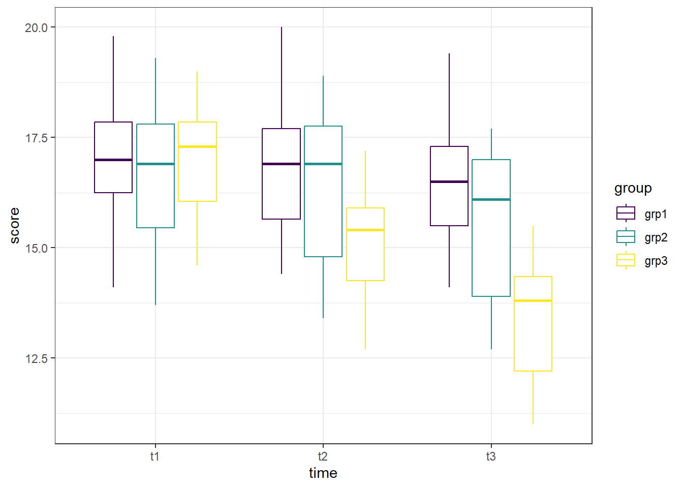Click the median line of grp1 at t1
click(113, 160)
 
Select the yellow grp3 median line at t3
click(533, 301)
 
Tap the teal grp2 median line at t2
click(323, 164)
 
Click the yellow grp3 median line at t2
click(365, 230)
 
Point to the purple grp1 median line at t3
click(449, 181)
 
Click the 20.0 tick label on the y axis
click(36, 27)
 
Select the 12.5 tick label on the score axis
click(36, 358)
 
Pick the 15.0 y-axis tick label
click(36, 248)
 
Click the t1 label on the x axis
click(155, 456)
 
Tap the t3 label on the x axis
click(491, 456)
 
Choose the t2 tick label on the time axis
click(323, 456)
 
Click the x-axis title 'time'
click(323, 473)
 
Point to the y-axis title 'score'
click(15, 226)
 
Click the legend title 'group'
click(633, 189)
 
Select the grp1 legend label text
click(656, 214)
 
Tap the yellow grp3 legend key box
click(626, 260)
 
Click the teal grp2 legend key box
click(626, 237)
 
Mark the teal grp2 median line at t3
click(491, 199)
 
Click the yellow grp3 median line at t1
click(197, 146)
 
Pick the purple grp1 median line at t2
click(282, 164)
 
